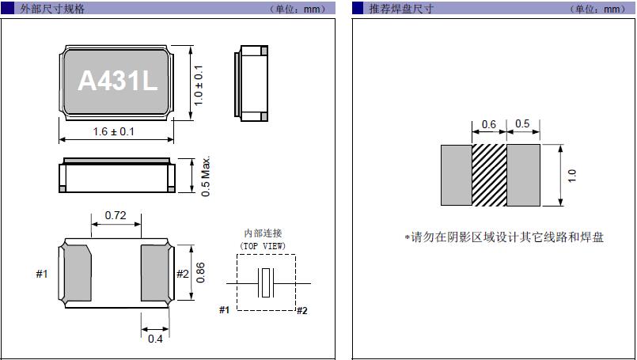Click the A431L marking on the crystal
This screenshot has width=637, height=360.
117,81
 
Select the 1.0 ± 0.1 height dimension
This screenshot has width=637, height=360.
199,85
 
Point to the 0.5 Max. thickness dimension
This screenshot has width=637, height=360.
205,176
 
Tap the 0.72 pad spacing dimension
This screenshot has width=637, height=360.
116,215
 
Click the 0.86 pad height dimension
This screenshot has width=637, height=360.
200,271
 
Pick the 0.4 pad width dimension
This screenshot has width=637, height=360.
155,340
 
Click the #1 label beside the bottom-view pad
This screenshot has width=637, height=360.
42,274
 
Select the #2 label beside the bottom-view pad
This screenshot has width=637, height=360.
182,274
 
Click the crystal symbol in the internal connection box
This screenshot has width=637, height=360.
267,282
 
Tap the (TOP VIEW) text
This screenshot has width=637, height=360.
263,246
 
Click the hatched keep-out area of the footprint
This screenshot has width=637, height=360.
489,176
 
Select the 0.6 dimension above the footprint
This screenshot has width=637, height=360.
489,124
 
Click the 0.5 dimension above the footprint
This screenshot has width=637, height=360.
522,124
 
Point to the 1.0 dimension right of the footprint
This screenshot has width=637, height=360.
572,176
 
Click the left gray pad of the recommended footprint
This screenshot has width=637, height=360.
456,176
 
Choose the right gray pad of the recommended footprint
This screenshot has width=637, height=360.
523,176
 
